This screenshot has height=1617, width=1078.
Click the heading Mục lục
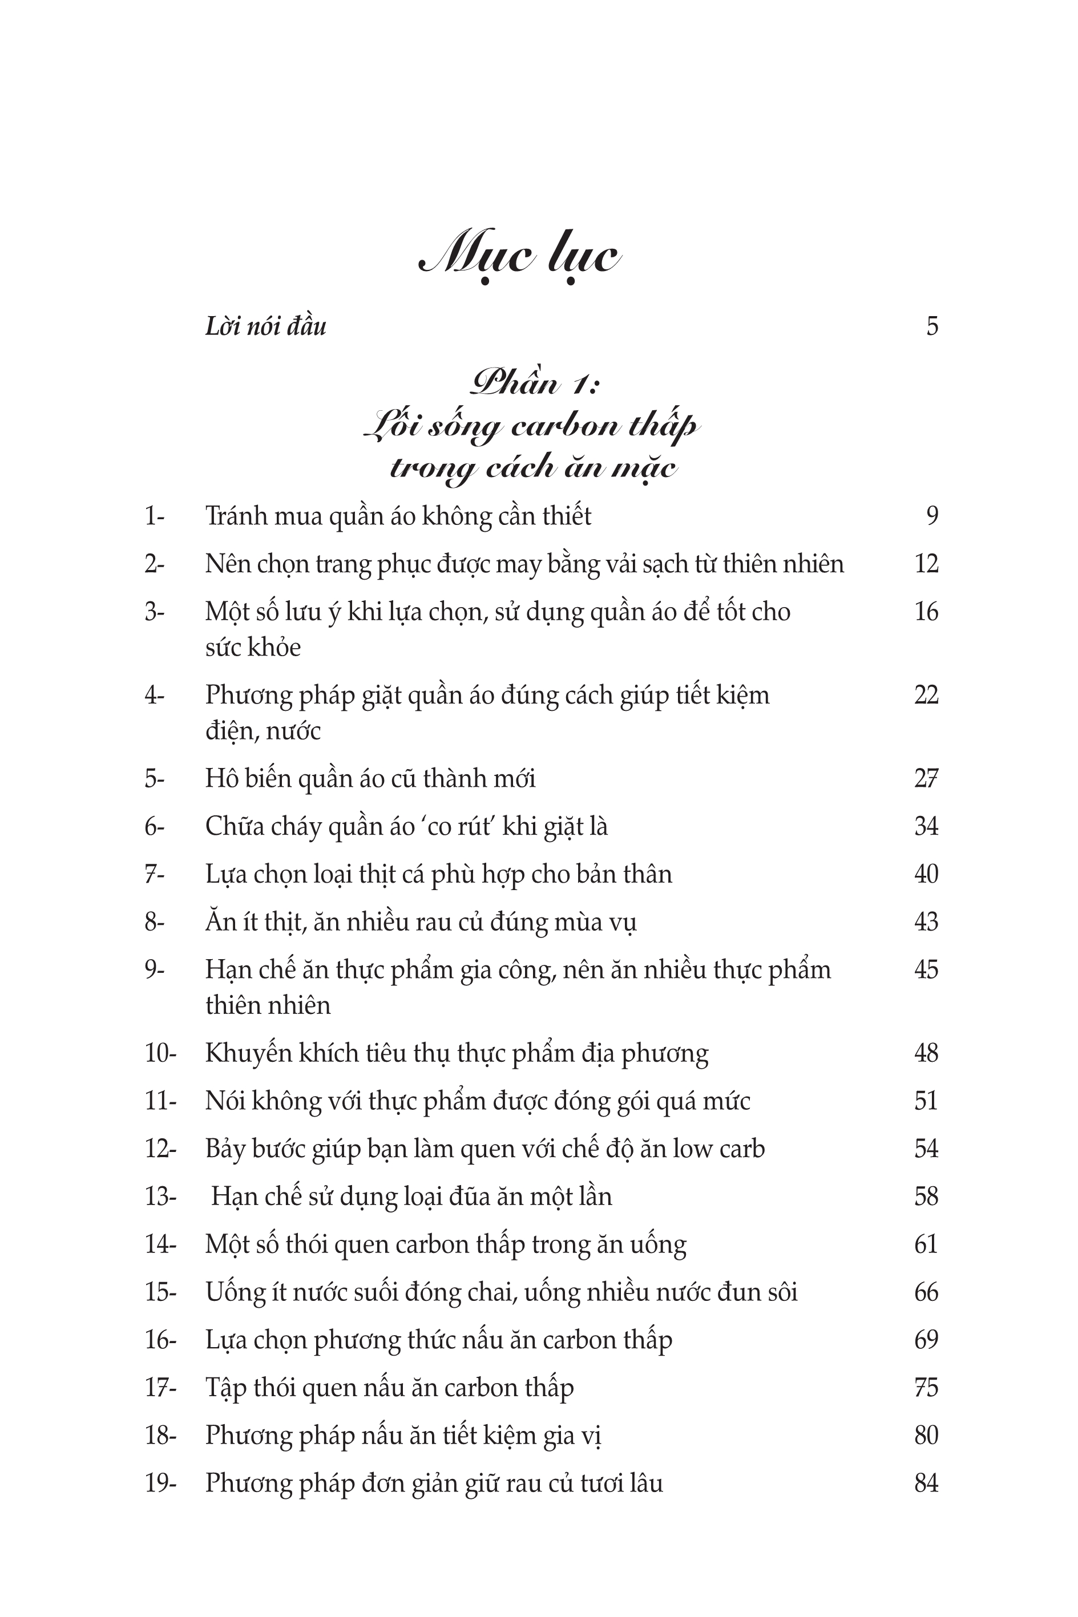[520, 258]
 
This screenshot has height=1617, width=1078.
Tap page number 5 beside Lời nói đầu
[931, 326]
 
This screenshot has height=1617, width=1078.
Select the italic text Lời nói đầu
[265, 326]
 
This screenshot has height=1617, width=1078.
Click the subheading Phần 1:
[534, 383]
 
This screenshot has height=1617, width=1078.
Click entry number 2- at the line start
[154, 564]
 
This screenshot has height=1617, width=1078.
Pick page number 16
[926, 612]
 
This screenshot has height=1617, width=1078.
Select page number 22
[926, 695]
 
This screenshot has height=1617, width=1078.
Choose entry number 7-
[154, 874]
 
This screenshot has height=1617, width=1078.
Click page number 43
[926, 921]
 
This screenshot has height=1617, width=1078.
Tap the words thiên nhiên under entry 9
[268, 1005]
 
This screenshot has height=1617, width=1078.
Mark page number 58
[926, 1196]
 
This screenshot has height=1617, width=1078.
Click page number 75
[926, 1388]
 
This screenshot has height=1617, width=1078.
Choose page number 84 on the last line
[926, 1483]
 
